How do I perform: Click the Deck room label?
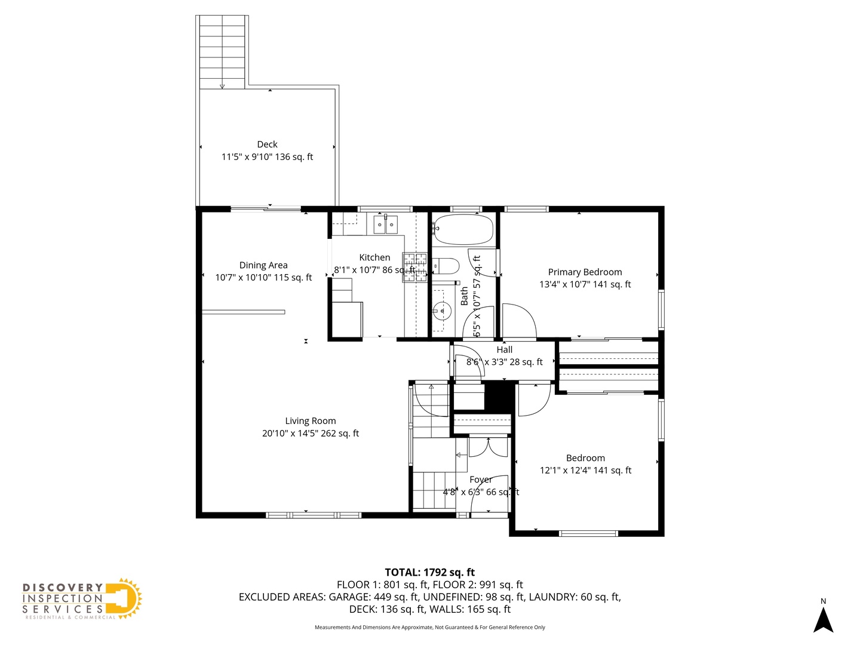click(267, 145)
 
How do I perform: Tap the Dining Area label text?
click(263, 265)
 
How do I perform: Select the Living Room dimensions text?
click(310, 434)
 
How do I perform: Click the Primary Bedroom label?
click(585, 272)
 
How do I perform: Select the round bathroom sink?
click(441, 310)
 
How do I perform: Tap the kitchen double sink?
click(385, 225)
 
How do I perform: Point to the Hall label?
click(504, 350)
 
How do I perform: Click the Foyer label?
click(481, 480)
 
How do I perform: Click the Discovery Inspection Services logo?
click(82, 600)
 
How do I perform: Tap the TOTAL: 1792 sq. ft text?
click(429, 572)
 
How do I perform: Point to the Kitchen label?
click(374, 257)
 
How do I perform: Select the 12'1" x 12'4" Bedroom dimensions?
click(585, 471)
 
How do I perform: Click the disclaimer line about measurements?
click(429, 627)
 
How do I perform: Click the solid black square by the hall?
click(499, 395)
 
